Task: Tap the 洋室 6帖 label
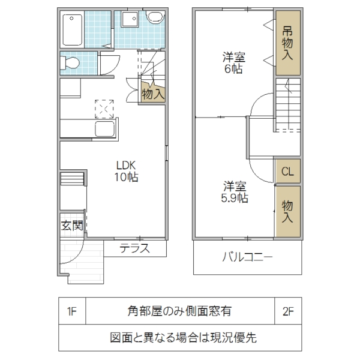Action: click(232, 64)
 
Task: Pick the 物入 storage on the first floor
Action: click(152, 93)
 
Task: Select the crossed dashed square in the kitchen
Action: click(104, 109)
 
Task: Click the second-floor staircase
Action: click(287, 102)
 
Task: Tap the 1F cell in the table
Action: click(73, 311)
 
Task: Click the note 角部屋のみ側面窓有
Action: click(180, 311)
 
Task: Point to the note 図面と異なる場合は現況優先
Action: click(180, 337)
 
